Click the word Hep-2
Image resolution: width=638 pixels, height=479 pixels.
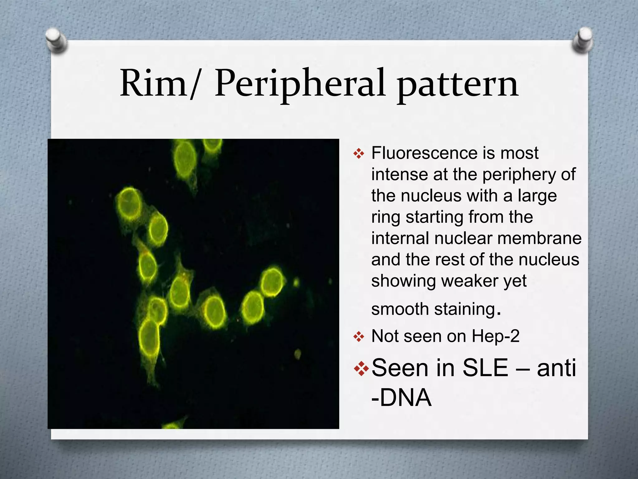coord(495,336)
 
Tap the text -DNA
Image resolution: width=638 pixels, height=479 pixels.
coord(402,398)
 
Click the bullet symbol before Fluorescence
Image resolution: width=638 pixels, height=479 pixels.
coord(359,153)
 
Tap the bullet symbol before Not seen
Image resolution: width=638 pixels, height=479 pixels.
coord(359,337)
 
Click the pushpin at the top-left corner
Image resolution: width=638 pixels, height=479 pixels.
coord(56,40)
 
